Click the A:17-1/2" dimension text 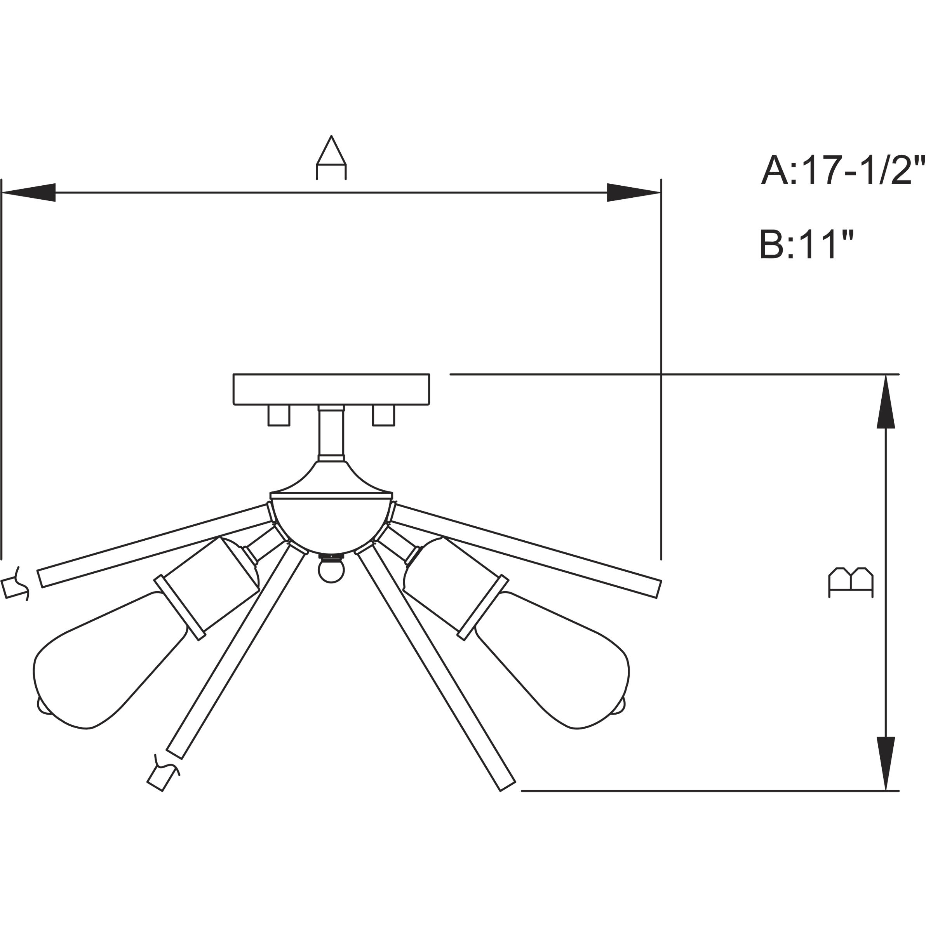[x=842, y=171]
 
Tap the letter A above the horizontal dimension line [x=331, y=158]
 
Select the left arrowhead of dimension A [x=29, y=193]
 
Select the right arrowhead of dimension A [x=634, y=193]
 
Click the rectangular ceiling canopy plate [x=331, y=389]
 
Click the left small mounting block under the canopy [x=279, y=415]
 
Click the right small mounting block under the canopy [x=383, y=415]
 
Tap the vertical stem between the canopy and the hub [x=331, y=434]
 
